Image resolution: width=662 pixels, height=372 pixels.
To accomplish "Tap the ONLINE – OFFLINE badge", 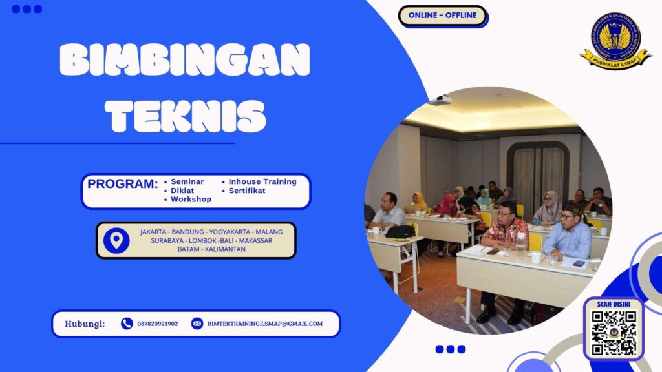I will [442, 15].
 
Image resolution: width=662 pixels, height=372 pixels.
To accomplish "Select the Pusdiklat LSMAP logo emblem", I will [615, 40].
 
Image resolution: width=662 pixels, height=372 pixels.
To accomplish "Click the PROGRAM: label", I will [122, 184].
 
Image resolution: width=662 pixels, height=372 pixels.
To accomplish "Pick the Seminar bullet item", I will [187, 182].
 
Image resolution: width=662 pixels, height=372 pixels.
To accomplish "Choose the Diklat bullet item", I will [182, 191].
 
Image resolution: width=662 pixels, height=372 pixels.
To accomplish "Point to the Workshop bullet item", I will [191, 200].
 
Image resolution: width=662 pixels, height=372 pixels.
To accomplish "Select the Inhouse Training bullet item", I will [262, 182].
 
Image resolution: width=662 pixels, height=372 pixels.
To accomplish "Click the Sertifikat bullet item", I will [246, 191].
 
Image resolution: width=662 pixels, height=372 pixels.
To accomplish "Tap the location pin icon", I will [116, 240].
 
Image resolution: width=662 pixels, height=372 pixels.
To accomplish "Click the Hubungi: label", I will [85, 324].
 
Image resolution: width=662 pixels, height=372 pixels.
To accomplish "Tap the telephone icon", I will [127, 324].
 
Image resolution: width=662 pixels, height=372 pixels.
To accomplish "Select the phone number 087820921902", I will [157, 324].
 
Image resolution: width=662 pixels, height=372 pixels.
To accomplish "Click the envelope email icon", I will [197, 324].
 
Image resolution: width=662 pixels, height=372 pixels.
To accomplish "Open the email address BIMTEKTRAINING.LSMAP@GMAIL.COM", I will [264, 324].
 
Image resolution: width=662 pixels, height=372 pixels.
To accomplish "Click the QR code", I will [614, 333].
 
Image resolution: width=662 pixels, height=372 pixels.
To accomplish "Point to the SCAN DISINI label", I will [614, 304].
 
